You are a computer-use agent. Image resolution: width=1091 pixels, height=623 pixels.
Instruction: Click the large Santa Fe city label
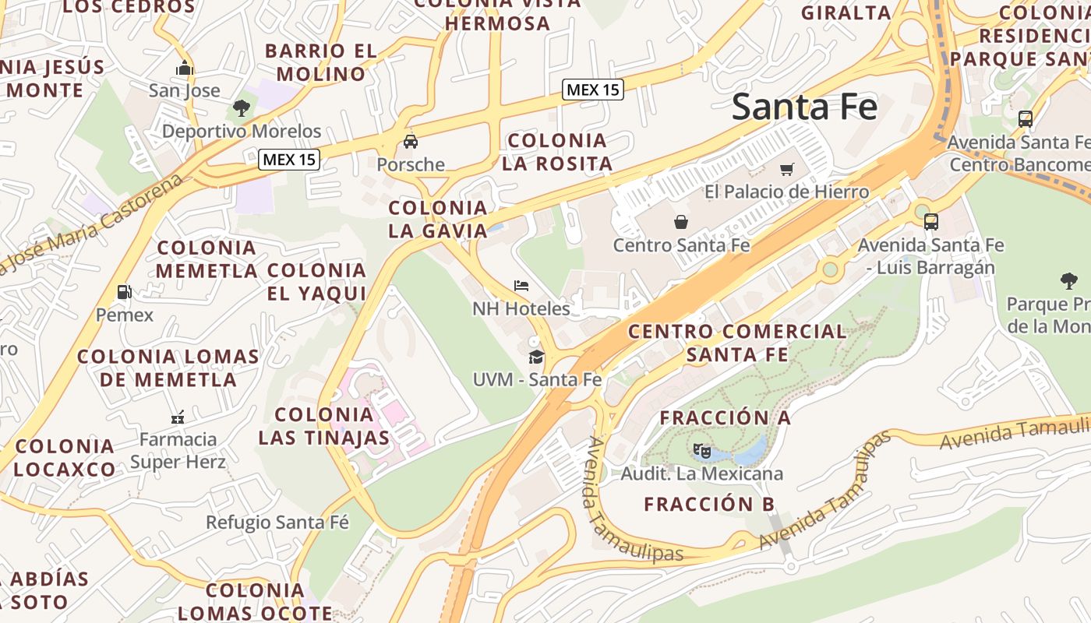click(804, 107)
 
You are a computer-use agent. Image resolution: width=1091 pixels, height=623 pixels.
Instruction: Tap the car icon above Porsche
click(410, 142)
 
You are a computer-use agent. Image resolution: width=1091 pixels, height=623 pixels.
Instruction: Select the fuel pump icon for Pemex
click(124, 292)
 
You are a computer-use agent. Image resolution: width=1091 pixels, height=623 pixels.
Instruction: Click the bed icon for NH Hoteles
click(521, 286)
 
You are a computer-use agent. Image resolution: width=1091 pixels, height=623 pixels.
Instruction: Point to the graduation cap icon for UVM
click(536, 357)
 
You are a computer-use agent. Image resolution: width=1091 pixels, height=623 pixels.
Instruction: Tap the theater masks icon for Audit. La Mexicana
click(701, 450)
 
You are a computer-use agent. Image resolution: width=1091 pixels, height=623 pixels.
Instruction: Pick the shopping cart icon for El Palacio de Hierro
click(786, 169)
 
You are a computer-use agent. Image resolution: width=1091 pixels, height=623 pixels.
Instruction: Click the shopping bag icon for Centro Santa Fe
click(681, 222)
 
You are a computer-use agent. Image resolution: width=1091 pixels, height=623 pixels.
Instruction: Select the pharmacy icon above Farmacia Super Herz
click(178, 417)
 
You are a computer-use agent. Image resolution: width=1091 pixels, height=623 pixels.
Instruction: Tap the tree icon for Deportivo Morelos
click(242, 108)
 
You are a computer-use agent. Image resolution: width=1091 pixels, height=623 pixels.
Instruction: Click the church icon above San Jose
click(185, 68)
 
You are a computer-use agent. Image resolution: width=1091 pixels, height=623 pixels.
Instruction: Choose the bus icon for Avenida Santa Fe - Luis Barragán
click(930, 222)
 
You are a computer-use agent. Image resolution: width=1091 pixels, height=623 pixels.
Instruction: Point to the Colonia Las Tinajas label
click(324, 425)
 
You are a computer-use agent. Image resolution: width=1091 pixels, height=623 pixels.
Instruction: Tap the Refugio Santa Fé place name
click(277, 522)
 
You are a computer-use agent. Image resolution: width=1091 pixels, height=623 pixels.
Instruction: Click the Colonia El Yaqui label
click(316, 282)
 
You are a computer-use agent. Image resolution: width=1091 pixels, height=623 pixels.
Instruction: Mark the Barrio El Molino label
click(320, 62)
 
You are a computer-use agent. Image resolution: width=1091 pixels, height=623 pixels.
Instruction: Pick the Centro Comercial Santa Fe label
click(737, 343)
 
